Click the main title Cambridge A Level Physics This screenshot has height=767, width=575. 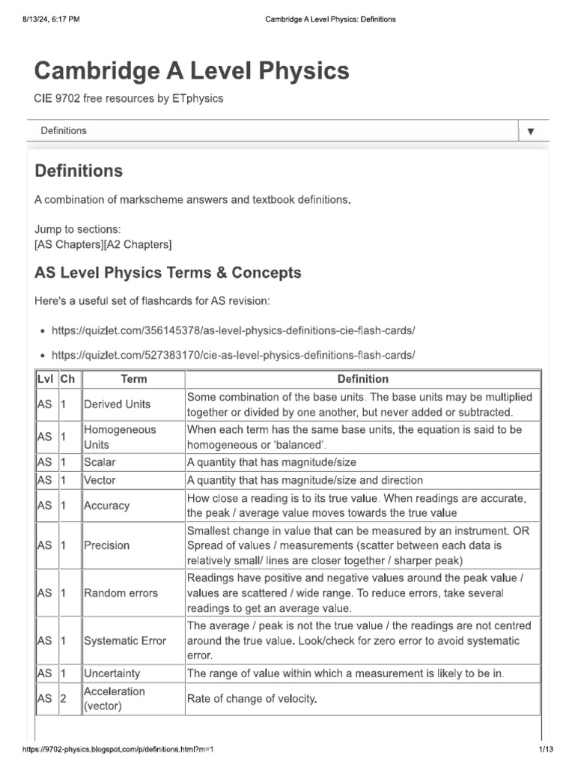coord(192,70)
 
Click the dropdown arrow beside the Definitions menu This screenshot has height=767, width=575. coord(530,131)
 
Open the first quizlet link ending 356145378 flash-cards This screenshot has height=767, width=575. coord(233,330)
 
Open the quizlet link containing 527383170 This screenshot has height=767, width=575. coord(233,354)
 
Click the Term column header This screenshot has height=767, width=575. coord(133,379)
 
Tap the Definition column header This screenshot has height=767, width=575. coord(362,379)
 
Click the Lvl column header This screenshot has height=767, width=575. coord(46,379)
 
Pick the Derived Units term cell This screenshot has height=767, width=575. coord(117,404)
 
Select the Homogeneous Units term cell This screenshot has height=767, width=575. coord(120,437)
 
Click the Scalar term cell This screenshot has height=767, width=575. coord(100,462)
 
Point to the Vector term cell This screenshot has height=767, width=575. coord(100,480)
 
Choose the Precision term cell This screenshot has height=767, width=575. coord(106,545)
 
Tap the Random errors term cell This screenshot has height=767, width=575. coord(121,592)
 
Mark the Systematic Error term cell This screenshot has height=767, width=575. coord(124,640)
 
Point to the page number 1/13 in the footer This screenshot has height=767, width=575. coord(544,750)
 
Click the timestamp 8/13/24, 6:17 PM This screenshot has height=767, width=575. coord(47,19)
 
